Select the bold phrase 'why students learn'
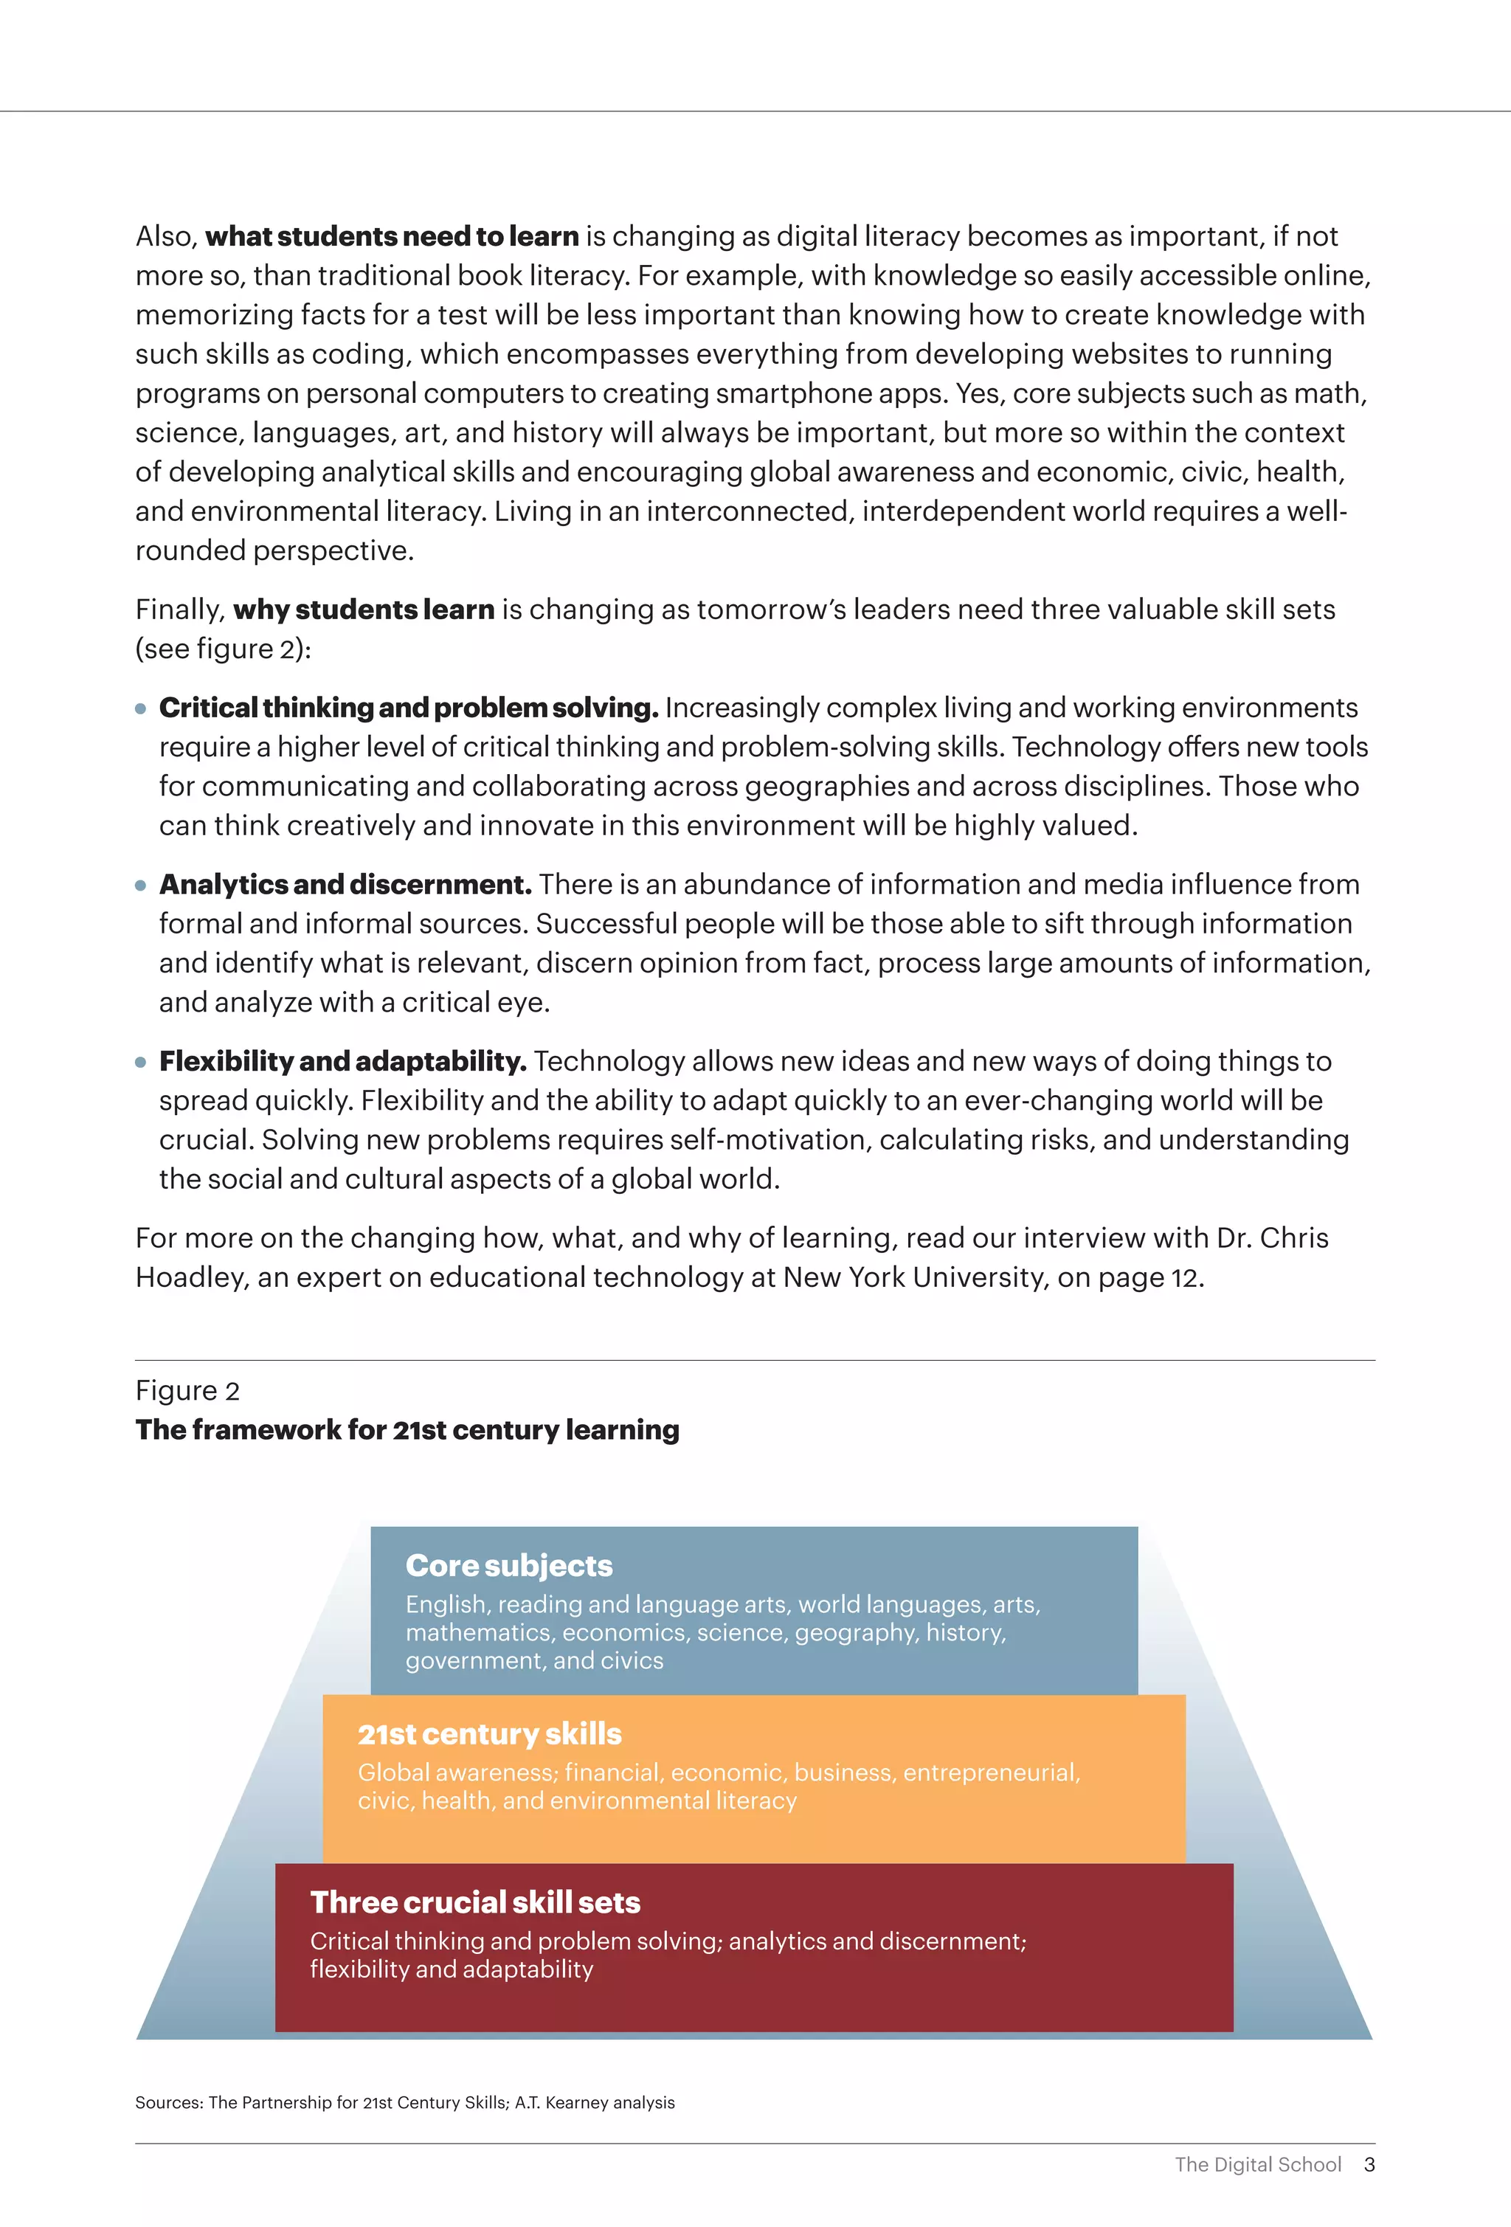click(x=363, y=610)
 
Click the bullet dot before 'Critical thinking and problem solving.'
click(x=141, y=709)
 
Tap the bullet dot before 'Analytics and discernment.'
click(x=141, y=885)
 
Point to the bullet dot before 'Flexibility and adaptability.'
click(x=141, y=1062)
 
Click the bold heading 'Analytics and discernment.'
click(x=345, y=885)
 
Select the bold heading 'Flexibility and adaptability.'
click(x=342, y=1061)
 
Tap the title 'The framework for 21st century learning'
click(x=407, y=1430)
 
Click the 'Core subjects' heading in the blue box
click(x=509, y=1565)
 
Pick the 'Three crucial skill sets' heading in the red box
click(x=475, y=1902)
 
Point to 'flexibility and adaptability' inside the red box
click(x=452, y=1969)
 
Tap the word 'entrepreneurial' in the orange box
click(x=991, y=1772)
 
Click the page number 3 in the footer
click(x=1369, y=2165)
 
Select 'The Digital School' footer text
click(x=1257, y=2165)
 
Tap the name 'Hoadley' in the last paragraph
click(x=189, y=1277)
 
